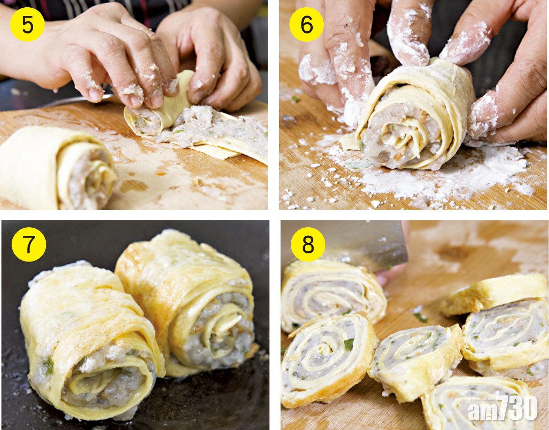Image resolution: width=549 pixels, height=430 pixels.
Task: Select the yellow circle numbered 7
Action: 28,246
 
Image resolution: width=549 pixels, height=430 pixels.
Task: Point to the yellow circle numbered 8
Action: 308,246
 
